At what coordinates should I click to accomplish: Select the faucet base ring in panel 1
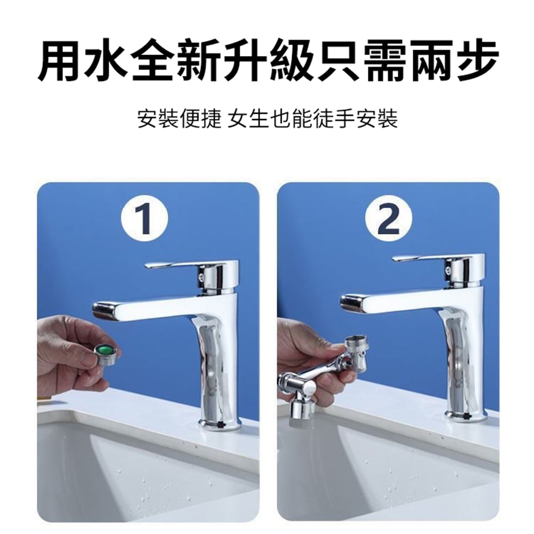coord(220,425)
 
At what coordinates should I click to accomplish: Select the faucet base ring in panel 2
coord(467,416)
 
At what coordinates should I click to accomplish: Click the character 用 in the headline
coord(59,61)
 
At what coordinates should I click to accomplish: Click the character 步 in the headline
coord(476,61)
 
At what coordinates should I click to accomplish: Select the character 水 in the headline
coord(105,61)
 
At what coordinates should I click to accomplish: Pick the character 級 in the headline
coord(290,61)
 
